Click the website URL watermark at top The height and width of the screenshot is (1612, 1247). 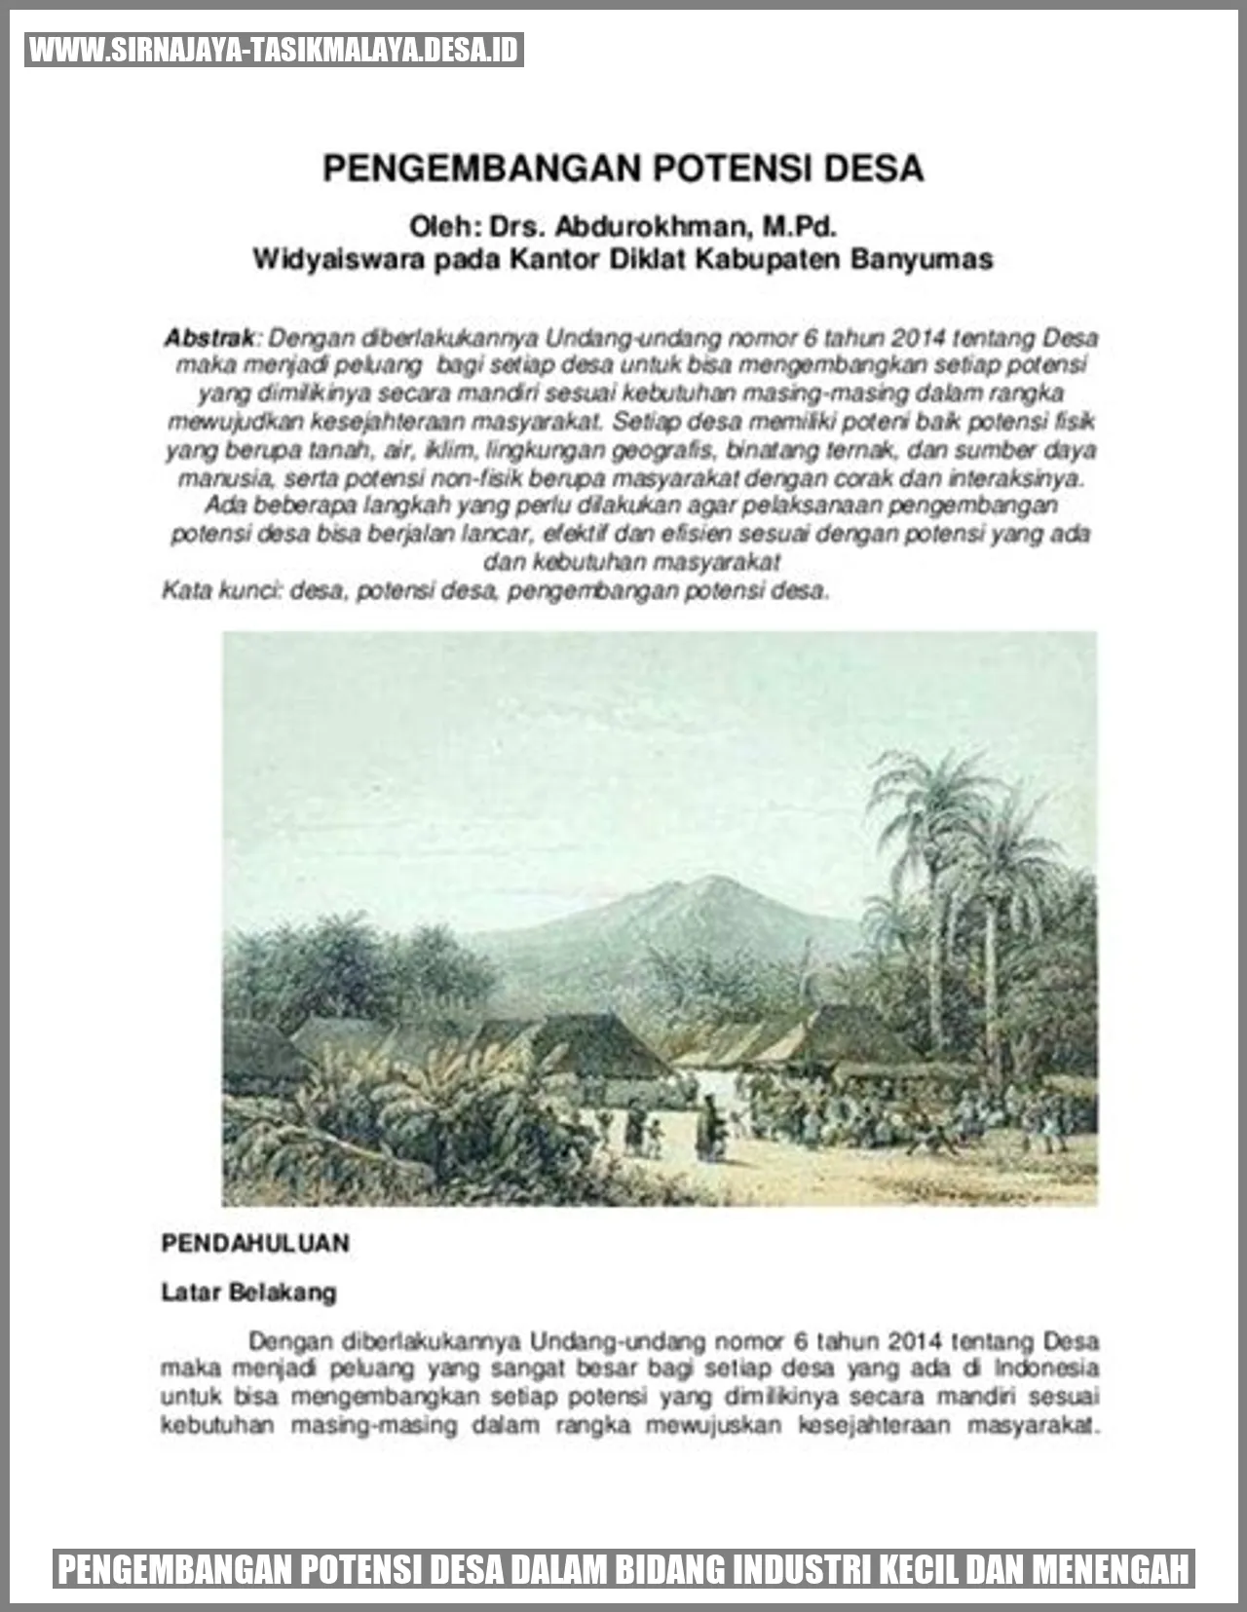[x=274, y=50]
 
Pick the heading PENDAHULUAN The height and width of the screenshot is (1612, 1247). [x=255, y=1243]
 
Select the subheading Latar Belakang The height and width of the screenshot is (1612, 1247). [x=248, y=1293]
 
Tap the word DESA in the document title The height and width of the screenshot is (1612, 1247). [x=874, y=168]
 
